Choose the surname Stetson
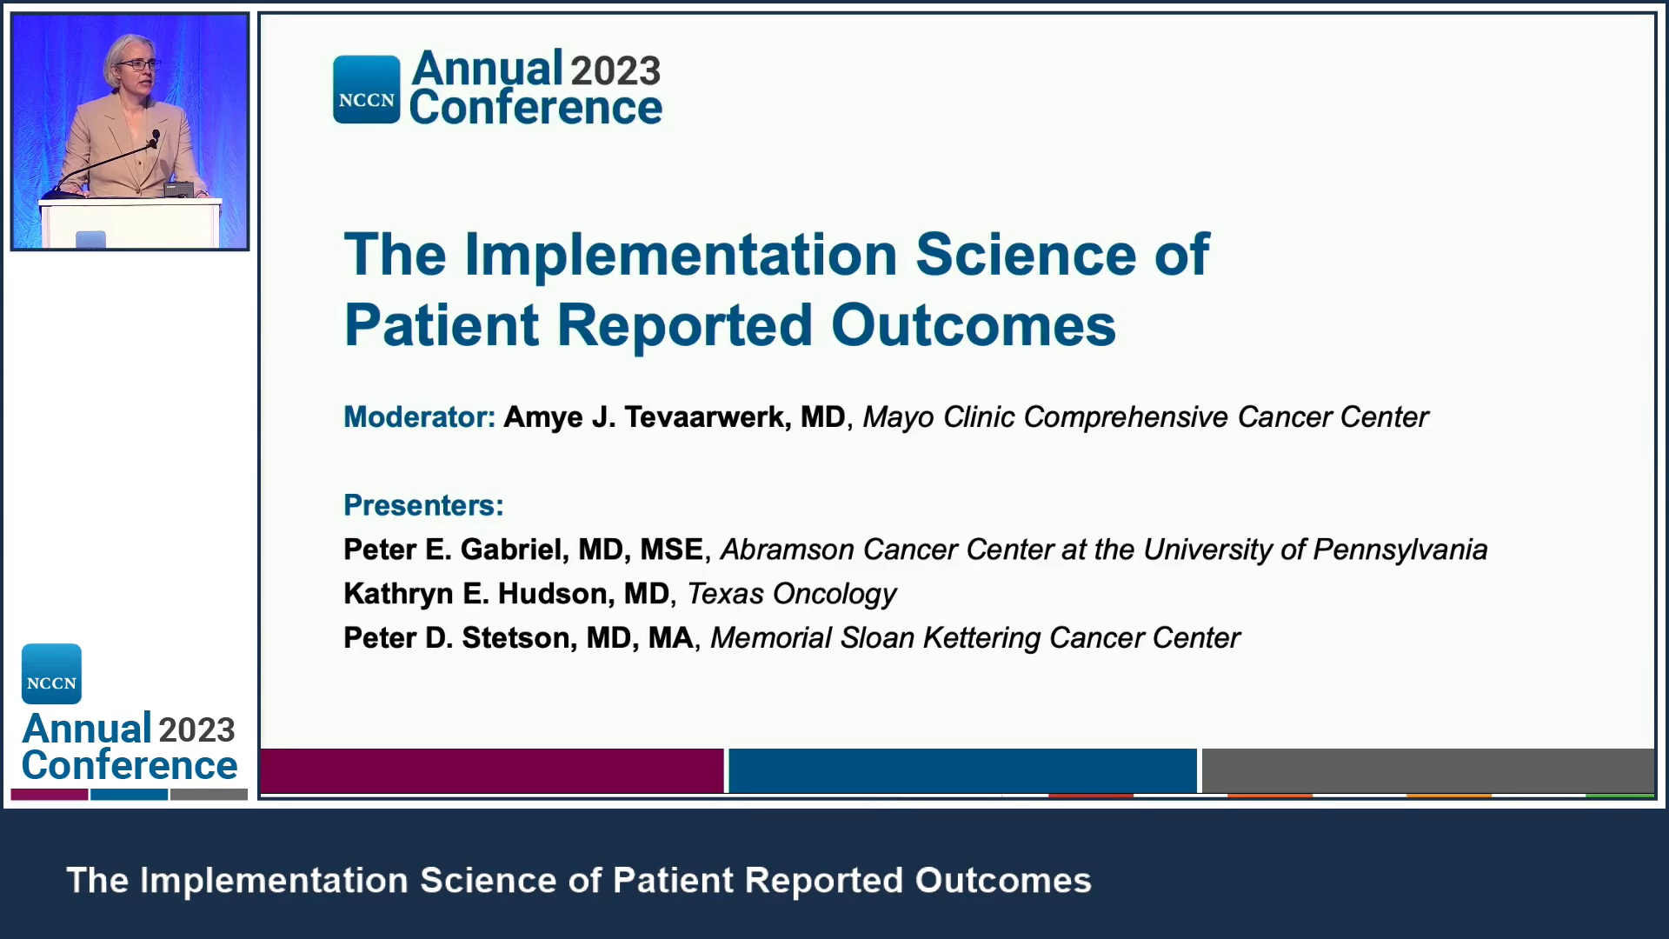515,638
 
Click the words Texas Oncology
791,595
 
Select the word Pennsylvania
1400,550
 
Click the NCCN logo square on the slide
367,90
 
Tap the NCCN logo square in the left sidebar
51,674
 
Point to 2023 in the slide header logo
615,70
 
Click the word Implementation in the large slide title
681,255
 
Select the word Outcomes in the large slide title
973,326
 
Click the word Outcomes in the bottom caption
1003,881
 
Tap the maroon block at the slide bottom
492,770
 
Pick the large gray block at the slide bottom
1427,770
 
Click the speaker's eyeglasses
137,64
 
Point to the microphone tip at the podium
156,136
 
